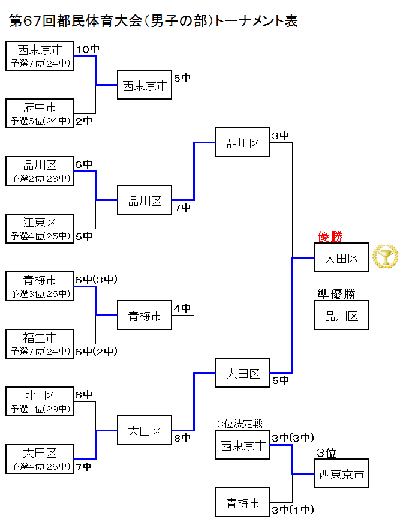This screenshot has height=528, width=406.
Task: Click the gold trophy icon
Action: point(385,257)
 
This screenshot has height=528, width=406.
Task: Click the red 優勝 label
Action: point(330,236)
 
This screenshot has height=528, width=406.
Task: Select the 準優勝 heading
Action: point(336,294)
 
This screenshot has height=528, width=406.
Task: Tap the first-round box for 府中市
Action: point(40,113)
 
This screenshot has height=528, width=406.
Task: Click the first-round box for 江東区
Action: point(40,229)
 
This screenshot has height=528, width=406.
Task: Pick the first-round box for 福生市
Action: point(40,344)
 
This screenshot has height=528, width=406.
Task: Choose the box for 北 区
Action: point(40,401)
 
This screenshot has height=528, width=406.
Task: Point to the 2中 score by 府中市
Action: point(84,121)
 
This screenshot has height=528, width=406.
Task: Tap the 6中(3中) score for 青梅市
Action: point(96,279)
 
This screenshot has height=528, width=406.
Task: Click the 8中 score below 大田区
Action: point(182,438)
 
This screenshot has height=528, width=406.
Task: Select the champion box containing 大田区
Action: point(341,258)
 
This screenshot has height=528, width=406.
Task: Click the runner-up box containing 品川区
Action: point(341,316)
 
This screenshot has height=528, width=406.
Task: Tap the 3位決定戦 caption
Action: point(239,424)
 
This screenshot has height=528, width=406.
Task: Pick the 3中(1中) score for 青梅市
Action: point(293,511)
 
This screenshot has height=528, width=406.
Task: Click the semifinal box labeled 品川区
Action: point(243,143)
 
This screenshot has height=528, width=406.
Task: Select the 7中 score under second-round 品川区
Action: point(182,208)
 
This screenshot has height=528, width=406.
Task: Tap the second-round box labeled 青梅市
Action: point(145,316)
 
